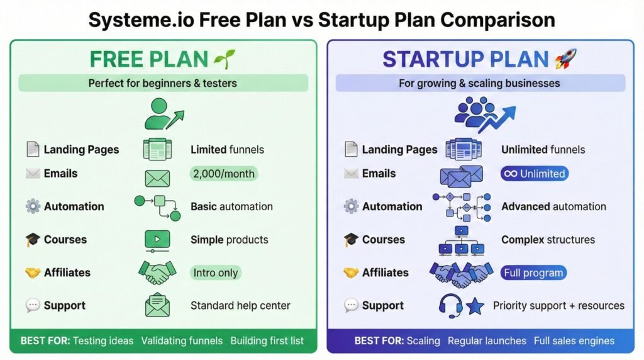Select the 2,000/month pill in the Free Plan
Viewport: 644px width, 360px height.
tap(223, 174)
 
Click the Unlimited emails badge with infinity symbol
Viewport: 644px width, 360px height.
tap(535, 174)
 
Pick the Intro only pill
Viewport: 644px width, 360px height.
tap(216, 273)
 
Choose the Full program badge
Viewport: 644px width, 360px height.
tap(534, 273)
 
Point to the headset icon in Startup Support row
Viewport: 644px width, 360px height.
tap(450, 305)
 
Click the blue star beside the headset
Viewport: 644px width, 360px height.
tap(475, 307)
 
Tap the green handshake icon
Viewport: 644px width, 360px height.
tap(157, 273)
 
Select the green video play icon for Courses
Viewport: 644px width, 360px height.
tap(157, 240)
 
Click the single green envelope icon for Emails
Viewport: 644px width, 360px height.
tap(157, 178)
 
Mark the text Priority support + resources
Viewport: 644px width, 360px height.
tap(558, 306)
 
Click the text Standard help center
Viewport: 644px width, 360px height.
tap(240, 306)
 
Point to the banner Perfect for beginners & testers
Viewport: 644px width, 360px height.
tap(163, 83)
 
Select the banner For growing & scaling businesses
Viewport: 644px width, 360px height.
tap(479, 83)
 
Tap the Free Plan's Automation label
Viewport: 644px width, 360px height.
tap(74, 206)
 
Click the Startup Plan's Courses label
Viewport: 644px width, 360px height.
tap(383, 240)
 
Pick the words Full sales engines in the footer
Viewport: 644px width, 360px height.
tap(574, 340)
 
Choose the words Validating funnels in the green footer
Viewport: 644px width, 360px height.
tap(182, 340)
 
